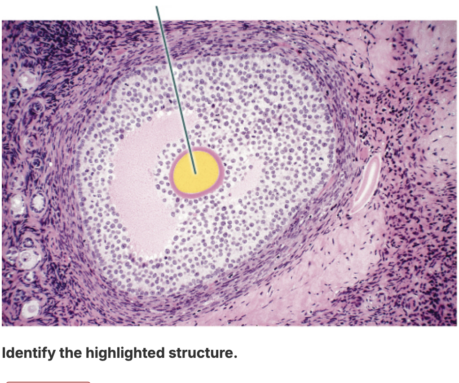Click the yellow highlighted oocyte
click(196, 173)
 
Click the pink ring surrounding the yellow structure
click(171, 173)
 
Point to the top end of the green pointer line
click(156, 6)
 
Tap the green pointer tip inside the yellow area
click(195, 173)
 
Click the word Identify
click(29, 353)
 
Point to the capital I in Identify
click(4, 352)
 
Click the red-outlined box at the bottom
click(49, 382)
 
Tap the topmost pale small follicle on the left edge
click(27, 79)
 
